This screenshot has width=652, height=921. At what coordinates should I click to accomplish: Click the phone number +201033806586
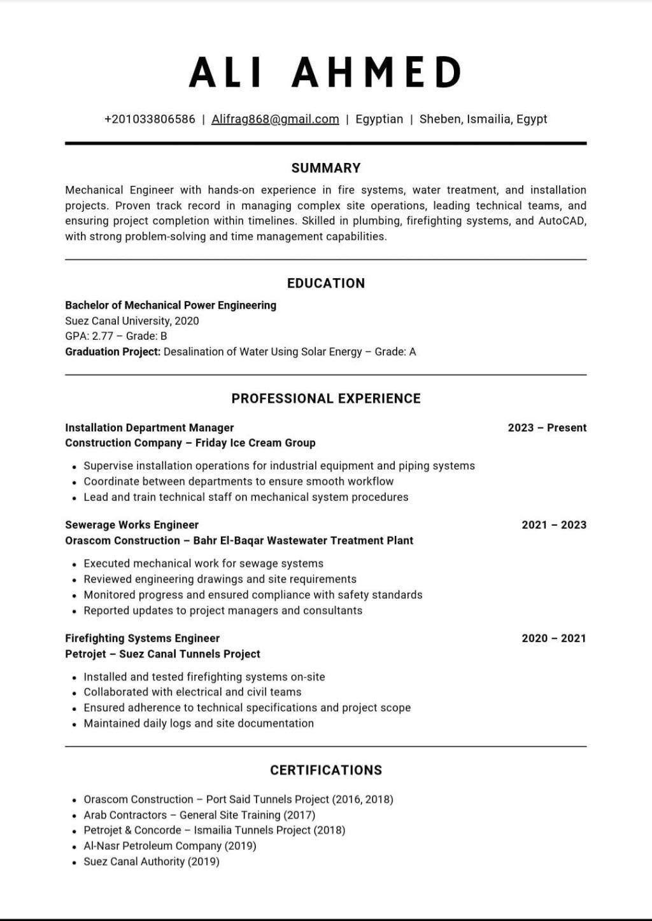(x=150, y=119)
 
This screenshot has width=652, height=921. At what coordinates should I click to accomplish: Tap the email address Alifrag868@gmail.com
(x=275, y=119)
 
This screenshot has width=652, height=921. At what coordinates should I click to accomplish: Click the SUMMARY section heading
(x=326, y=168)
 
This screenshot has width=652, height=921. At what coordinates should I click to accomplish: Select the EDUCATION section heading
(x=326, y=283)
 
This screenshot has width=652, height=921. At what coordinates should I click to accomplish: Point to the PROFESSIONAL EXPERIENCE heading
(x=326, y=398)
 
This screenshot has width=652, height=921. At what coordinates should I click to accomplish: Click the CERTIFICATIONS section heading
(x=326, y=770)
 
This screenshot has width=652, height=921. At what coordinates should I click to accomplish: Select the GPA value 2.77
(x=102, y=336)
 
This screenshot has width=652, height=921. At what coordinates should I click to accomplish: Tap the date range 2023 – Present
(x=547, y=428)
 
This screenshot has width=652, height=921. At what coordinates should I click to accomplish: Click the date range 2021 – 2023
(x=554, y=525)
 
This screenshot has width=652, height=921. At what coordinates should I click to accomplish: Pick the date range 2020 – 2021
(x=554, y=638)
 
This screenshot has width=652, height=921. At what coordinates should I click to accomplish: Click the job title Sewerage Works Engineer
(x=132, y=525)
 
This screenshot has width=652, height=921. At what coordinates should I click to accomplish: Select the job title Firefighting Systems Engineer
(x=142, y=638)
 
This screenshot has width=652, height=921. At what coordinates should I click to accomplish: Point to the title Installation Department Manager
(x=150, y=428)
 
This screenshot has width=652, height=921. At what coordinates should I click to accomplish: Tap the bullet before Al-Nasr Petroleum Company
(x=74, y=847)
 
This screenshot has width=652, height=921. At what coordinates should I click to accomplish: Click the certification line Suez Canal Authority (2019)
(x=152, y=862)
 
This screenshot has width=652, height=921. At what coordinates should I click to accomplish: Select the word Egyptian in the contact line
(x=379, y=119)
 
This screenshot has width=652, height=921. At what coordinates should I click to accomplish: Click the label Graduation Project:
(x=113, y=352)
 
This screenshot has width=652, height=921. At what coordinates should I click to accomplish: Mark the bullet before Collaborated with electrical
(x=74, y=693)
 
